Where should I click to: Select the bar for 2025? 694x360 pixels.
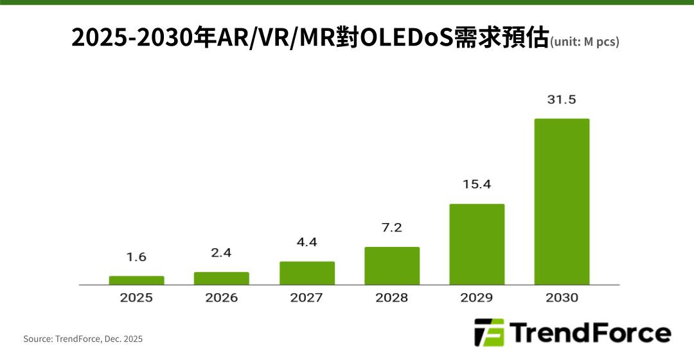136,280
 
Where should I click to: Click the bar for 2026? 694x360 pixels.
221,278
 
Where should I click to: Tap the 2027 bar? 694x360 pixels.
307,273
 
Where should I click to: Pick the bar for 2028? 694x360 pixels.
391,265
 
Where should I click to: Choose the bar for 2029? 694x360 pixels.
477,244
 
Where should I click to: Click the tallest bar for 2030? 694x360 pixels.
562,201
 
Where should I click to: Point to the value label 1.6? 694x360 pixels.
136,257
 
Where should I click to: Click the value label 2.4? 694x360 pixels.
221,253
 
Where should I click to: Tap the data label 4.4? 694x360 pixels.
307,242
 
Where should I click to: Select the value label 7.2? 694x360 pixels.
391,228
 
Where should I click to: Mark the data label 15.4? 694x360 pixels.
477,184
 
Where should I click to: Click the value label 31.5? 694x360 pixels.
562,100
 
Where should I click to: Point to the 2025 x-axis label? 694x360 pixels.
136,298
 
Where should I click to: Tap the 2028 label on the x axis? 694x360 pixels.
391,298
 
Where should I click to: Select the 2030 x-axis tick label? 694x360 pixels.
562,298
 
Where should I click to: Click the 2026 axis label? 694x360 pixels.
221,298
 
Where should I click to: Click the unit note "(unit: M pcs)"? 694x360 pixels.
585,42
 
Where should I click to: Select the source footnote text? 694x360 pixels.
83,339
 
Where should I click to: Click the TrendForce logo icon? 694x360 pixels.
489,332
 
